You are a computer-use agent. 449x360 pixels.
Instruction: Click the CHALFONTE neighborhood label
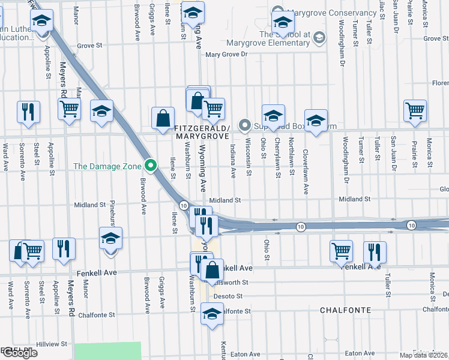pos(345,310)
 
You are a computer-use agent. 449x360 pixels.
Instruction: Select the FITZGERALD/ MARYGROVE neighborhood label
pos(202,133)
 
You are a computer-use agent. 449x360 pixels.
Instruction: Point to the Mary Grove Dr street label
pos(226,55)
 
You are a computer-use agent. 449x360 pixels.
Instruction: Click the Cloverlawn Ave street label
pos(305,172)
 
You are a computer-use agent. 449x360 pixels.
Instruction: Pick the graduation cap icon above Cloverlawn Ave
pos(316,121)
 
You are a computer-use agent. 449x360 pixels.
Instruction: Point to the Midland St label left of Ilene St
pos(89,205)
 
